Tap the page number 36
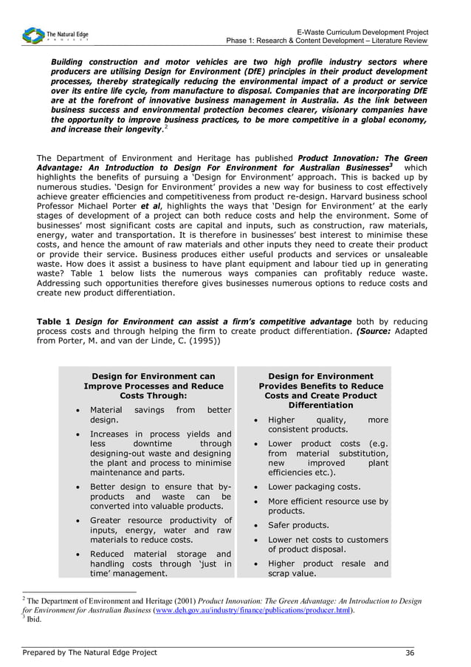pos(410,652)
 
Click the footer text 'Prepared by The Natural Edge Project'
pos(90,652)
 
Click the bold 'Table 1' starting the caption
pos(54,322)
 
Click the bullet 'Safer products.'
pos(298,525)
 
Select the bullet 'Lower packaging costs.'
pos(314,487)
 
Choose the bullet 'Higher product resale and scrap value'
pos(328,568)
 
